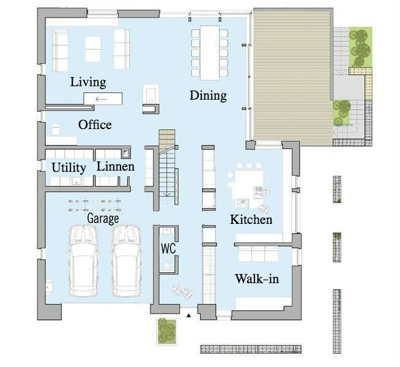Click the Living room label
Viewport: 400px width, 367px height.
coord(88,83)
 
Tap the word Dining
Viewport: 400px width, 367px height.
coord(208,95)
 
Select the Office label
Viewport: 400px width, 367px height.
coord(95,125)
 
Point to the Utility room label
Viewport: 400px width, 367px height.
coord(69,168)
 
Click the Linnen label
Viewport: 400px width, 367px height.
coord(116,166)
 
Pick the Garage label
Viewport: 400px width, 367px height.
coord(103,218)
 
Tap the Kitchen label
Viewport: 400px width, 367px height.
coord(251,220)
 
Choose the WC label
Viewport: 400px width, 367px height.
coord(168,248)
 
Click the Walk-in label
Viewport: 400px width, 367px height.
coord(257,278)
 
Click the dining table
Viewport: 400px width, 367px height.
coord(210,53)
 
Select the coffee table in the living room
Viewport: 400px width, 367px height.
coord(93,49)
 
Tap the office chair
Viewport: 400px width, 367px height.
coord(56,129)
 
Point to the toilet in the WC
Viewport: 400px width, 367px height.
coord(167,265)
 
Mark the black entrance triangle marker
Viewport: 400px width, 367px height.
coord(188,316)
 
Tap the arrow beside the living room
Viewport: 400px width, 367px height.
coord(102,99)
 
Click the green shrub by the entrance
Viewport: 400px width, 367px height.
coord(167,331)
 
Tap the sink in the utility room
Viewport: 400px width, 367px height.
coord(76,181)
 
